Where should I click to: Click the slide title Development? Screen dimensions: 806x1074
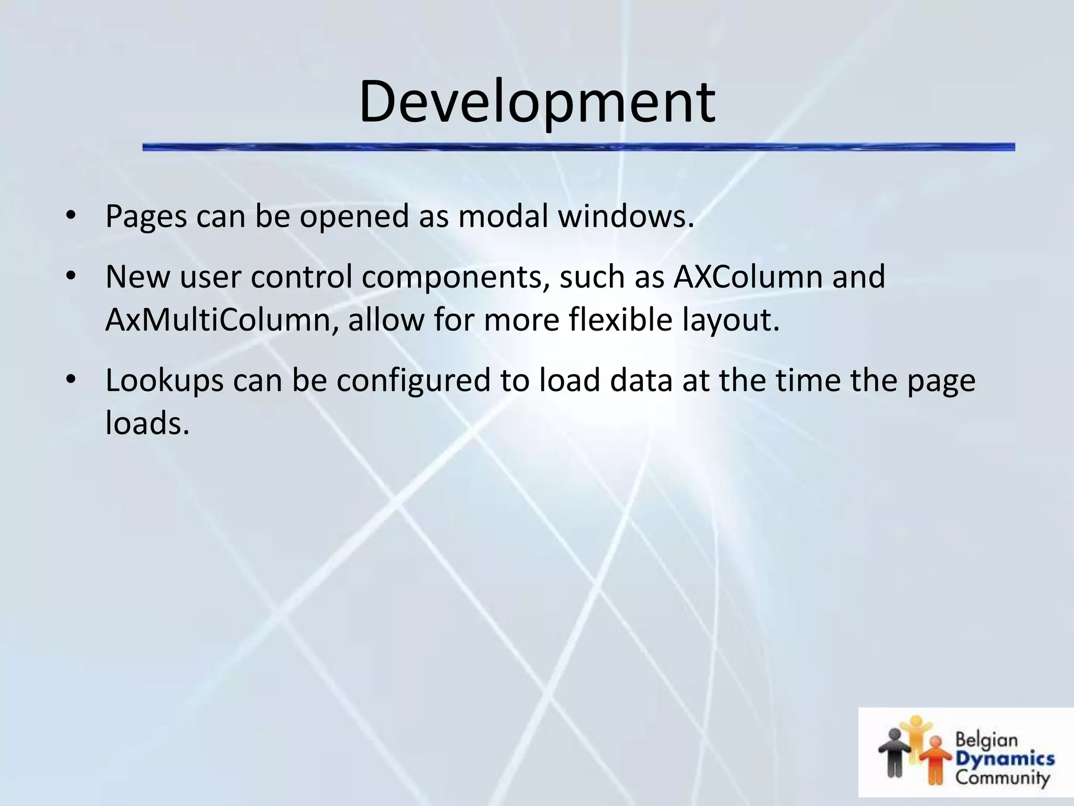point(536,102)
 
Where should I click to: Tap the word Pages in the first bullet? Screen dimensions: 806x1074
point(146,216)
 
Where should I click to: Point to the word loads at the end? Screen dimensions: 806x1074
point(147,423)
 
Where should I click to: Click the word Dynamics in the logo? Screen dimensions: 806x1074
point(1004,759)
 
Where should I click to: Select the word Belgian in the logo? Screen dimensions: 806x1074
point(986,740)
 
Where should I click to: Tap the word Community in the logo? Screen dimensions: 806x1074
point(1002,777)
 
